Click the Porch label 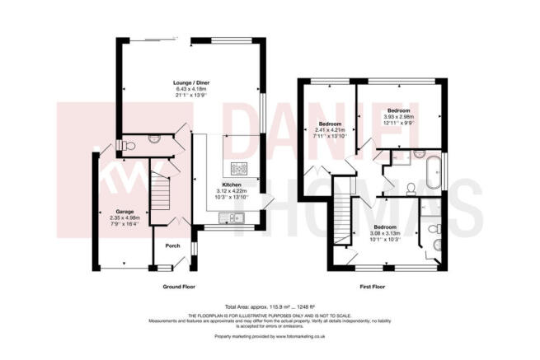point(173,245)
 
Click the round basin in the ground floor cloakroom point(157,141)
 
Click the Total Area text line point(270,306)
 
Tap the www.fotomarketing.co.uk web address point(295,336)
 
